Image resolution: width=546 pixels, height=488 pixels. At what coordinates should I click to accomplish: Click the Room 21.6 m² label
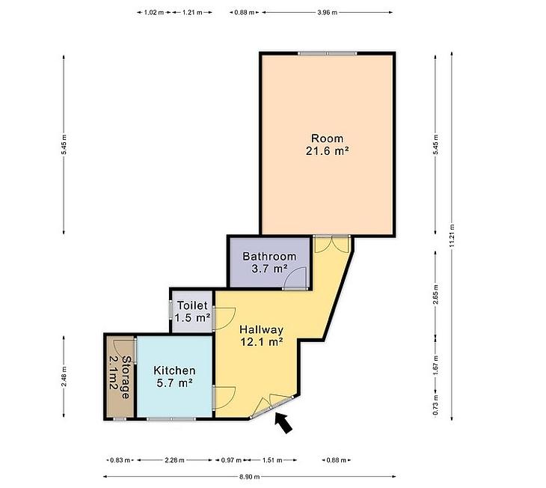pyautogui.click(x=328, y=144)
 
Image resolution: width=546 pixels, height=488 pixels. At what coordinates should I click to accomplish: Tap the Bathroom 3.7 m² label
pyautogui.click(x=269, y=263)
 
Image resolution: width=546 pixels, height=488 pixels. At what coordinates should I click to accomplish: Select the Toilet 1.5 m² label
pyautogui.click(x=192, y=311)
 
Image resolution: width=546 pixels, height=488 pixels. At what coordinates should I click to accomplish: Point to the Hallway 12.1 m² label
pyautogui.click(x=261, y=335)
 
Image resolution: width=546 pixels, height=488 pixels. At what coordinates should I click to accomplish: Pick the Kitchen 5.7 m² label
pyautogui.click(x=174, y=376)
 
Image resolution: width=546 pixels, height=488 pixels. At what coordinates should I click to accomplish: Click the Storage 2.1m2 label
pyautogui.click(x=120, y=376)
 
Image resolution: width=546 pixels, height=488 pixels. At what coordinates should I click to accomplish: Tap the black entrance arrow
pyautogui.click(x=283, y=423)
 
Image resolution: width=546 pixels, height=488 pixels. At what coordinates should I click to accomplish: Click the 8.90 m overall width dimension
pyautogui.click(x=249, y=477)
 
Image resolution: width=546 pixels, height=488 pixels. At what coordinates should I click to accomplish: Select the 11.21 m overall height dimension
pyautogui.click(x=452, y=236)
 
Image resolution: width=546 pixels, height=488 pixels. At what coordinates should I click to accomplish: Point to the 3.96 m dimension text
pyautogui.click(x=328, y=13)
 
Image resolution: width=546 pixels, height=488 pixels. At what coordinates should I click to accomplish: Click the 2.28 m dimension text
pyautogui.click(x=174, y=460)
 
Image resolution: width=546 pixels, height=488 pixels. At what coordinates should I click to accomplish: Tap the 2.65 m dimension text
pyautogui.click(x=435, y=294)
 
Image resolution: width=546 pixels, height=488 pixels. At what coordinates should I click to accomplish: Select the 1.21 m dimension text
pyautogui.click(x=192, y=13)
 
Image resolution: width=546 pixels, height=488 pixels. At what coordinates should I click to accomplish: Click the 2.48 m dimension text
pyautogui.click(x=64, y=376)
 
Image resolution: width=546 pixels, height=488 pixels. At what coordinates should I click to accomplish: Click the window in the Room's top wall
pyautogui.click(x=328, y=53)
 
